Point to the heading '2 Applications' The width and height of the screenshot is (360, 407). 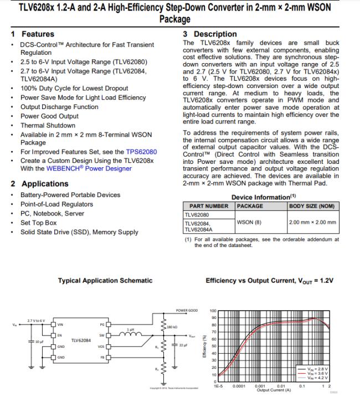tap(39, 184)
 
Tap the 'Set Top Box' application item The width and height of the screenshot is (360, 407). tap(39, 223)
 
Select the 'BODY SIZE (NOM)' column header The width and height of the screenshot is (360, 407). tap(312, 206)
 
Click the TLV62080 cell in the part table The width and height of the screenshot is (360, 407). tap(197, 214)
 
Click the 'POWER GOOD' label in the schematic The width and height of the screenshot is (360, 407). tap(187, 311)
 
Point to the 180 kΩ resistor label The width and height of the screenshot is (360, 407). tap(172, 327)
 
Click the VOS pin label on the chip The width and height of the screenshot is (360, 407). tap(101, 347)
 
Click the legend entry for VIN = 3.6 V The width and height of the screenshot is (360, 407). tap(320, 374)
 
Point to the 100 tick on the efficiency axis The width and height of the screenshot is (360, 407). tap(213, 311)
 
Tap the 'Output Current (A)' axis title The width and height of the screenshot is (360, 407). tap(273, 389)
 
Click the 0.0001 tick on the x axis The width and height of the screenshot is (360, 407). tap(239, 385)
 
